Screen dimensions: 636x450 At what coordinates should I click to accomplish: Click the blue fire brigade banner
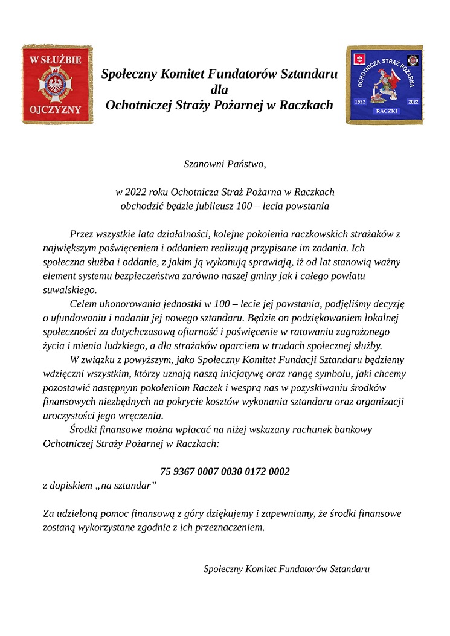click(x=385, y=85)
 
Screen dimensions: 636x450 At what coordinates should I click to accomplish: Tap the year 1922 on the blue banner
click(x=361, y=103)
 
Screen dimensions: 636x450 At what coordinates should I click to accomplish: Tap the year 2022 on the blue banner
click(x=413, y=102)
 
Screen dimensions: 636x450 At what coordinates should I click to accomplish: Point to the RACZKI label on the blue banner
click(x=387, y=111)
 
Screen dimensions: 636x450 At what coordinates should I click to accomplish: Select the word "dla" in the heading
click(x=219, y=90)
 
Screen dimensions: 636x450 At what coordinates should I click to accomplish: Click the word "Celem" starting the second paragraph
click(x=83, y=303)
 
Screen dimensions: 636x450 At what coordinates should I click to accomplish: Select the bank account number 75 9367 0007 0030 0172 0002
click(x=225, y=471)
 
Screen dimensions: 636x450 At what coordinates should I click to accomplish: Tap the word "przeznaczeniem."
click(x=232, y=527)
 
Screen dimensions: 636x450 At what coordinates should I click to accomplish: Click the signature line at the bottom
click(x=286, y=569)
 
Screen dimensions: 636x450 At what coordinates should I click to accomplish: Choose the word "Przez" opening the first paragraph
click(x=82, y=233)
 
